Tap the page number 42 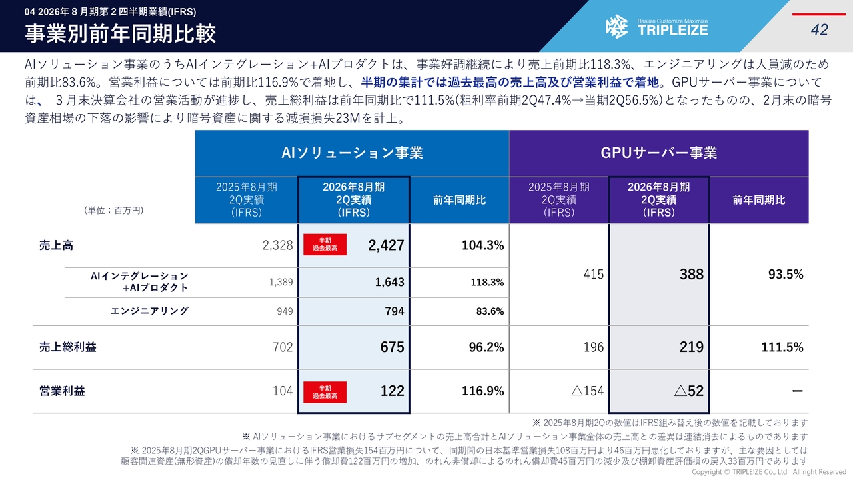[819, 30]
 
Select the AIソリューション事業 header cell [352, 153]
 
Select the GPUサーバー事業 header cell [658, 153]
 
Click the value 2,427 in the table [386, 245]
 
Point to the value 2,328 [277, 245]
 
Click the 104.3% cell [482, 245]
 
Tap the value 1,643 [389, 282]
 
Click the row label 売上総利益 [67, 347]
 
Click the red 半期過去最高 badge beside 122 [325, 392]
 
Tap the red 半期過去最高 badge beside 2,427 [325, 245]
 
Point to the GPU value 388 [691, 275]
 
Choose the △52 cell [688, 391]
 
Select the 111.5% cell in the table [782, 347]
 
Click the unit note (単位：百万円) [114, 210]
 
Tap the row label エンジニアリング [149, 311]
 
